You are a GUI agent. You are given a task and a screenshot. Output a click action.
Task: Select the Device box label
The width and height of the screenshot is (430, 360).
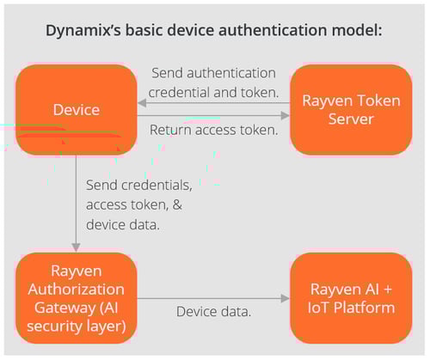(77, 110)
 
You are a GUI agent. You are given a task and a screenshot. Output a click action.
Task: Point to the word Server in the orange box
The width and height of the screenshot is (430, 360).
(351, 119)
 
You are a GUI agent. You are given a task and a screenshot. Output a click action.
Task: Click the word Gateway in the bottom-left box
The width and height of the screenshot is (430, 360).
(64, 308)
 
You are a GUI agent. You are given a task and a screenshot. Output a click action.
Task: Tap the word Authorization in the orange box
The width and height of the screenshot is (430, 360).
(77, 290)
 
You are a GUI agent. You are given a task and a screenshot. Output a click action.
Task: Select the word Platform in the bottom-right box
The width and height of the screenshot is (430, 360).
(365, 308)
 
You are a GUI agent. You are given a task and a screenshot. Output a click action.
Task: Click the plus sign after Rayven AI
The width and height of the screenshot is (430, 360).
(388, 290)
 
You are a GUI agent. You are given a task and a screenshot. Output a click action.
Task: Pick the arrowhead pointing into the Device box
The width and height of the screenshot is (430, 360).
(142, 103)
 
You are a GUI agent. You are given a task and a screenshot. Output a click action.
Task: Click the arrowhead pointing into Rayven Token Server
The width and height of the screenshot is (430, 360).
(286, 116)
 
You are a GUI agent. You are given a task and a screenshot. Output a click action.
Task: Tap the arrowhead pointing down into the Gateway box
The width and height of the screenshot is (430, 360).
(76, 247)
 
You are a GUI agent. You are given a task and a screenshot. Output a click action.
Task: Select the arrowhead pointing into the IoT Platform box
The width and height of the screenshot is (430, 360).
(286, 298)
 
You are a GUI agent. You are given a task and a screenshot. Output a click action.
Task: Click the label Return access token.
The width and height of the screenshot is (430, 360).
(214, 130)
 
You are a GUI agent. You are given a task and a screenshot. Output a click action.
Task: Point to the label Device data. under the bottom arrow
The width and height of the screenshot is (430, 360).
(214, 312)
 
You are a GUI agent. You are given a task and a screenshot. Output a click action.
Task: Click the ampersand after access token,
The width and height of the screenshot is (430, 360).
(177, 204)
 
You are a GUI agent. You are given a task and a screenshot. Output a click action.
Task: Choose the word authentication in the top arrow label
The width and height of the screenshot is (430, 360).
(231, 73)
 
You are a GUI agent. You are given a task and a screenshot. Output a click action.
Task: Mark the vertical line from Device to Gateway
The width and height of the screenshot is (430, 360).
(76, 199)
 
